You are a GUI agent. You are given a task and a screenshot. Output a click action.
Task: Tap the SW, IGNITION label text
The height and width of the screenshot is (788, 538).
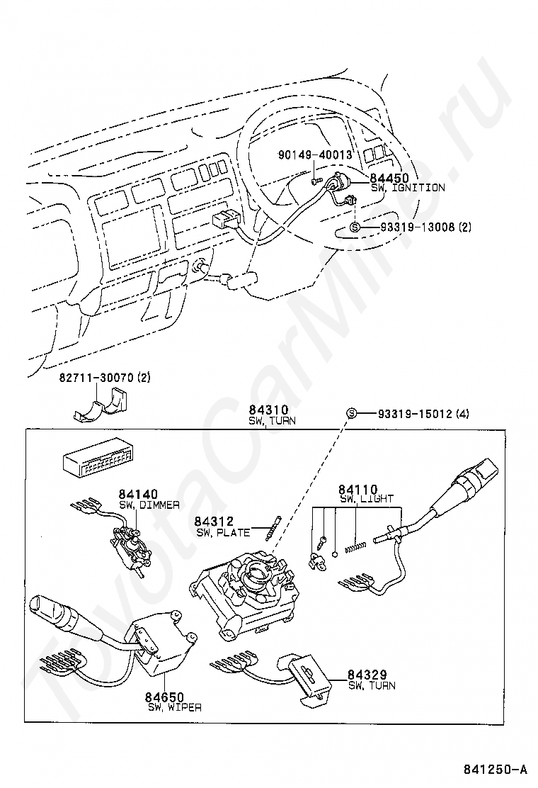tap(408, 188)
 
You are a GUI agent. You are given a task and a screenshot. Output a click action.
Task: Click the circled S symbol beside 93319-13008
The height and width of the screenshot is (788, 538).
tap(355, 227)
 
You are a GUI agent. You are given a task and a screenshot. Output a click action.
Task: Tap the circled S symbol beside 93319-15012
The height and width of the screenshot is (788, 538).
tap(350, 413)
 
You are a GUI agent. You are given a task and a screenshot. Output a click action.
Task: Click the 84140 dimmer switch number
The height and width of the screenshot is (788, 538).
tap(138, 494)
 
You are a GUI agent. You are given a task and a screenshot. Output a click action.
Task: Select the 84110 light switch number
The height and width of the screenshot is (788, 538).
tap(357, 489)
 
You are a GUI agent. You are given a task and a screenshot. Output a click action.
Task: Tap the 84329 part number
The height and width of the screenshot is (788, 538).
tap(367, 675)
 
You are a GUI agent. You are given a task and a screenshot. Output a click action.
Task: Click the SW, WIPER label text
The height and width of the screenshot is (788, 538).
tap(175, 707)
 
